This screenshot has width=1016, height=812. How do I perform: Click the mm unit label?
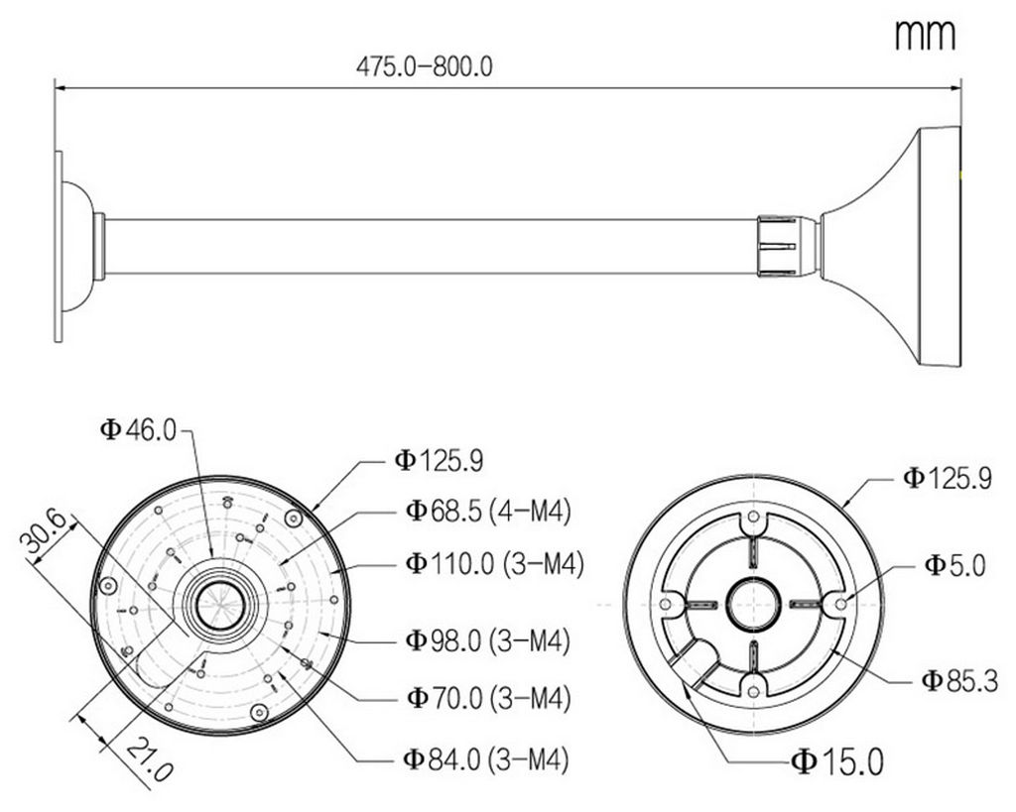(925, 35)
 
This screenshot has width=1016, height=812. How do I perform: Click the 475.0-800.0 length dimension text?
(425, 66)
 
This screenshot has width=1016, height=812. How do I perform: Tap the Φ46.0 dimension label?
(138, 429)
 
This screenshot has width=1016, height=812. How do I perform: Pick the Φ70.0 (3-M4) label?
(488, 697)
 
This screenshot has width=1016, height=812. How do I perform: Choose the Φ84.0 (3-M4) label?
(486, 758)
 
